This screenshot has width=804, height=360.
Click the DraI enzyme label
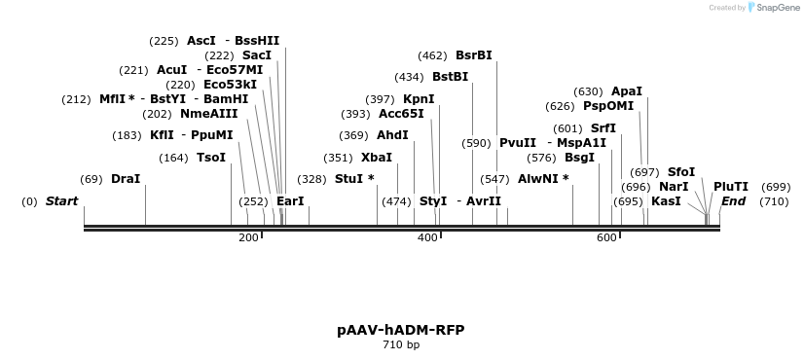126,179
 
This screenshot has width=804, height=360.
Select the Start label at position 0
61,201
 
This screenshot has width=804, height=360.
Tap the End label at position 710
733,201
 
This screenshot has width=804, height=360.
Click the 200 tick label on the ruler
248,238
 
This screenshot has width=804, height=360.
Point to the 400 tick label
426,238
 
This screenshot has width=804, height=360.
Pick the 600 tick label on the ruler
605,238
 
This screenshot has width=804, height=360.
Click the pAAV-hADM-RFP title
401,330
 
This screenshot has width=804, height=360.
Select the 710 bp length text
401,344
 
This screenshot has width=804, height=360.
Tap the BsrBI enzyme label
474,55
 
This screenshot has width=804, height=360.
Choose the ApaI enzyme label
627,91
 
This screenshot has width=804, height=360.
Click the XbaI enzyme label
377,158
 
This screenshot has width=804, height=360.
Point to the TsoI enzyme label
211,158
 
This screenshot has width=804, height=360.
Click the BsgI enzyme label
579,158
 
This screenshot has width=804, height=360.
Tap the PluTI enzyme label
731,187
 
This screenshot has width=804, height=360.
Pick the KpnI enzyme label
419,99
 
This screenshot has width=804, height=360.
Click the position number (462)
432,55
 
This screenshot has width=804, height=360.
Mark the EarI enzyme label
290,201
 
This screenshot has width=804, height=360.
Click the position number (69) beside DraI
91,179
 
